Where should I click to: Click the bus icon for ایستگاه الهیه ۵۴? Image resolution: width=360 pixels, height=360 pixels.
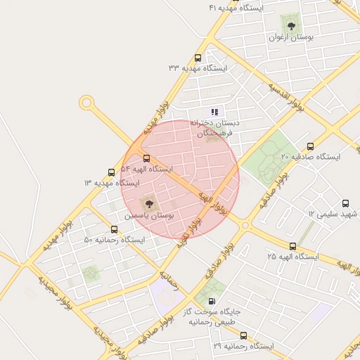click(x=147, y=159)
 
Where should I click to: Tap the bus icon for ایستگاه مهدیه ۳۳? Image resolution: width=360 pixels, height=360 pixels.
click(x=198, y=58)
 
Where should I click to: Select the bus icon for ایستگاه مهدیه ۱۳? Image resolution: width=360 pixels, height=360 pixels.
click(x=111, y=172)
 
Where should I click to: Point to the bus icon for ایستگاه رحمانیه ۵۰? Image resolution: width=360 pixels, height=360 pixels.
click(x=115, y=230)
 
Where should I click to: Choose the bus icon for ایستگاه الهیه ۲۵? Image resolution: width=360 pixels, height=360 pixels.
click(x=293, y=246)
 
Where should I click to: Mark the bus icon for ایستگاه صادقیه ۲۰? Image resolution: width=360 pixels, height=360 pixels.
click(x=311, y=146)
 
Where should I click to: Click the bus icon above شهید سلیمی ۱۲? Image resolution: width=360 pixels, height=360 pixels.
click(x=345, y=202)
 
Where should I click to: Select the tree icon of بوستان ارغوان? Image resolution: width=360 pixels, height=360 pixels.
click(x=291, y=26)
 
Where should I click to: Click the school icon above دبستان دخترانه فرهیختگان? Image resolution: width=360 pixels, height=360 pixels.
click(x=214, y=112)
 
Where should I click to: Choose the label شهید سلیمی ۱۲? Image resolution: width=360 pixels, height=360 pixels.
click(x=331, y=213)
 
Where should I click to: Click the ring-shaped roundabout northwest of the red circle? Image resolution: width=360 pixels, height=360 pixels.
click(x=86, y=103)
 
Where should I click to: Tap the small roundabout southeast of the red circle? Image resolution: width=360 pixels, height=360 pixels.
click(x=245, y=226)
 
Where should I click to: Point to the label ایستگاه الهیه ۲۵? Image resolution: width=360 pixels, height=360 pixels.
click(x=292, y=257)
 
